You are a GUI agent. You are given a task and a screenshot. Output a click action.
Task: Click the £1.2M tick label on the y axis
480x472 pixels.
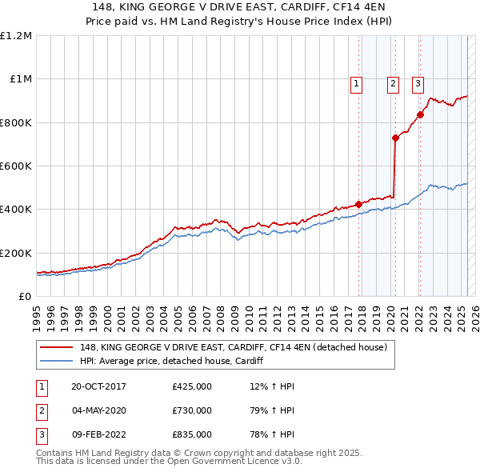(x=15, y=35)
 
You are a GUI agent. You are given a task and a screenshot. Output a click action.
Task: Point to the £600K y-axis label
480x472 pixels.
(x=15, y=166)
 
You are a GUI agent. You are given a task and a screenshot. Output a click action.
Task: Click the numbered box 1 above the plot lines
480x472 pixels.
(x=354, y=82)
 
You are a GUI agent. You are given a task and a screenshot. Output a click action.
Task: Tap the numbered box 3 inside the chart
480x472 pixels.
(x=418, y=82)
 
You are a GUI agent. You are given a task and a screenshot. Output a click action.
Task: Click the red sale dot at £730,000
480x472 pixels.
(x=395, y=138)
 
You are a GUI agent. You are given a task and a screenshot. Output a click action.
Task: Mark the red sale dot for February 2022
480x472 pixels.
(x=420, y=114)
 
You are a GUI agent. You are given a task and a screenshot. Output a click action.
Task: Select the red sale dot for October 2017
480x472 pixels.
(x=359, y=204)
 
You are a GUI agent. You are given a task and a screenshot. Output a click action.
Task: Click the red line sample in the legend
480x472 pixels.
(x=56, y=347)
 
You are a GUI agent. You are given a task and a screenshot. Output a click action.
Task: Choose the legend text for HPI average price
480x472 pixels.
(x=172, y=362)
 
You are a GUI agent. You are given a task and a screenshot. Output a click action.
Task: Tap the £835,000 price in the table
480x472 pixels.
(x=192, y=434)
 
